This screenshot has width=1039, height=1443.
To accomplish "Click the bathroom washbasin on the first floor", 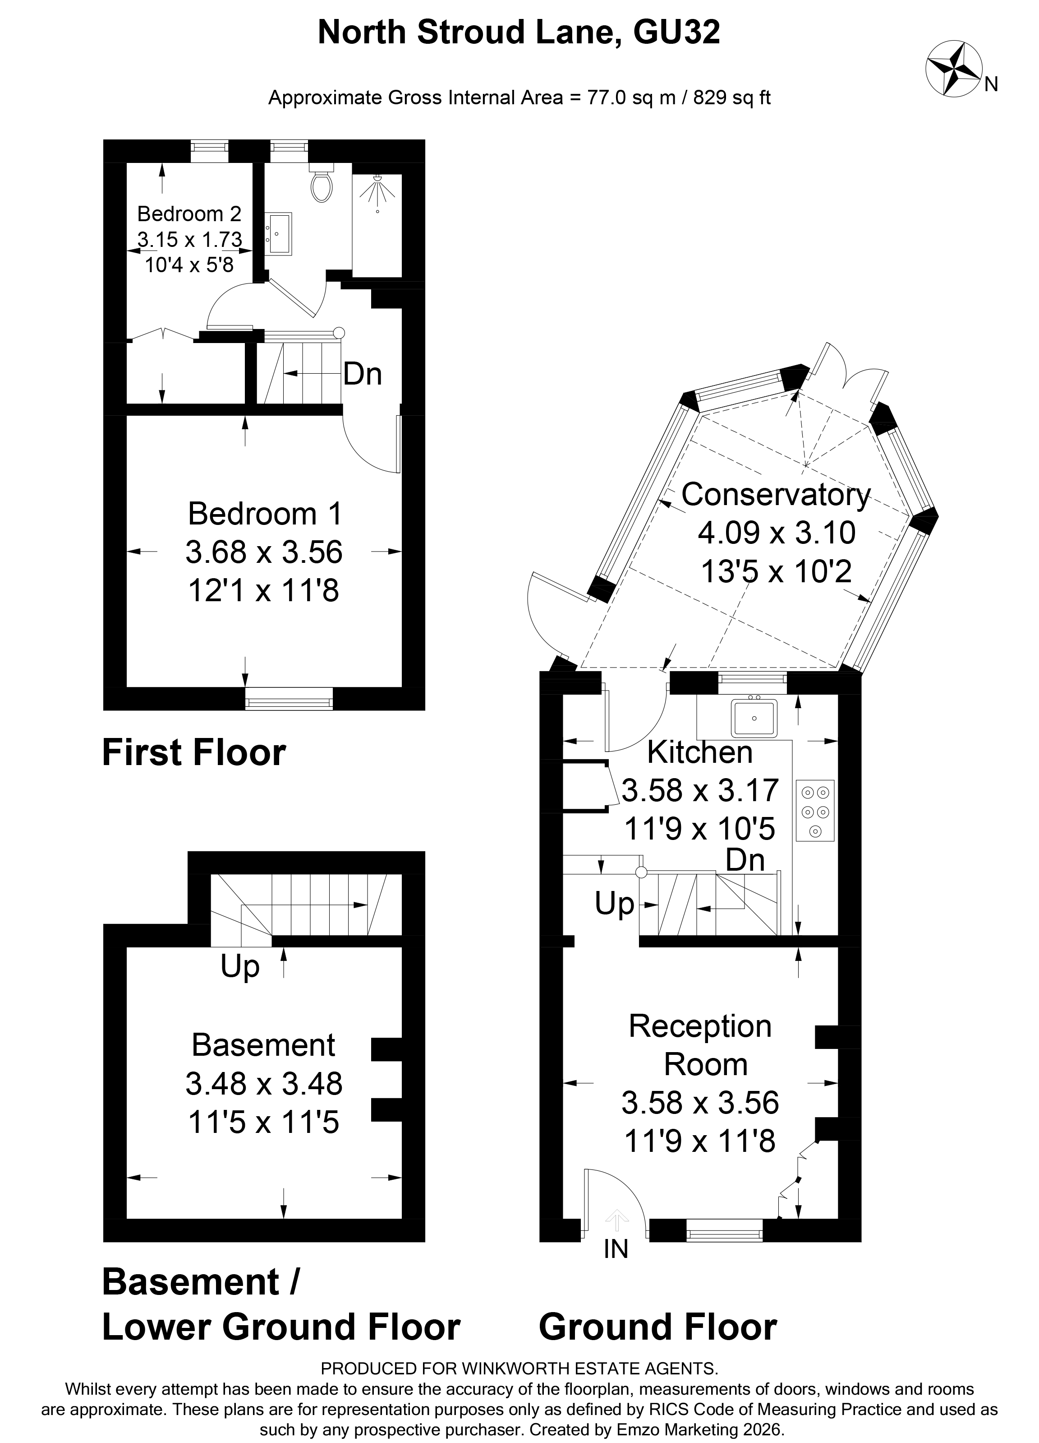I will click(x=279, y=233).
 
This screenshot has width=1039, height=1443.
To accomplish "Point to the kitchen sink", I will click(x=754, y=718).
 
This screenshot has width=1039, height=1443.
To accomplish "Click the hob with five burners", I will click(x=814, y=811).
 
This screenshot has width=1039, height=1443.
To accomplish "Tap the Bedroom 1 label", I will click(x=265, y=514).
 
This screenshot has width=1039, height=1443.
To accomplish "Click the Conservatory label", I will click(x=775, y=495).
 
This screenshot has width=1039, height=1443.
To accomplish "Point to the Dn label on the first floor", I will click(x=363, y=374).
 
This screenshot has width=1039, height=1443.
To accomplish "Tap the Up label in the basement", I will click(x=240, y=966).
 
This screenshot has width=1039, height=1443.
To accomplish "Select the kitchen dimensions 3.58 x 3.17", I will click(x=699, y=790).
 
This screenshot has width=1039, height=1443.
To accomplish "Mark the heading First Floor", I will click(x=194, y=753).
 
